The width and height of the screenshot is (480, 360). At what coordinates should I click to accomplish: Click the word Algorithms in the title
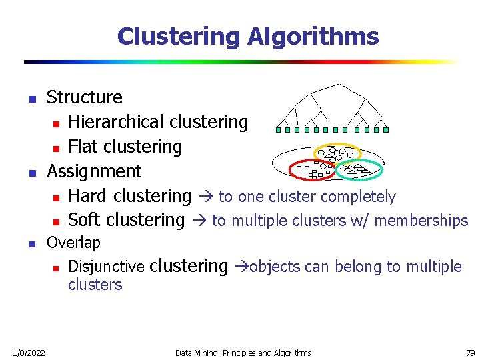(x=313, y=37)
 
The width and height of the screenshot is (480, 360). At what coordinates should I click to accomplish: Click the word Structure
(x=85, y=97)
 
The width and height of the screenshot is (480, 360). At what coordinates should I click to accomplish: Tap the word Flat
(x=83, y=147)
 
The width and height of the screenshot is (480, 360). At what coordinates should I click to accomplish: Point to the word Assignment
(x=94, y=171)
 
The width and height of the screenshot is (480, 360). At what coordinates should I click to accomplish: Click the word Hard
(x=88, y=196)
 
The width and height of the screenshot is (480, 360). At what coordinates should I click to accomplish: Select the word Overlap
(x=73, y=243)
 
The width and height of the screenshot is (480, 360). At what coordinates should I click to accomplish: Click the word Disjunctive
(x=106, y=267)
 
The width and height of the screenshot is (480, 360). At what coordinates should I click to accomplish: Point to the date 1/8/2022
(x=28, y=352)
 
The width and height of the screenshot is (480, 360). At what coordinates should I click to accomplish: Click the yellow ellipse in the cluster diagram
(x=337, y=146)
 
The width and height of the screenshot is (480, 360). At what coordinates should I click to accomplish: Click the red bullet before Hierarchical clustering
(x=57, y=123)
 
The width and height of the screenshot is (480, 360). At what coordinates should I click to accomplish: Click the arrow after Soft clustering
(x=198, y=221)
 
